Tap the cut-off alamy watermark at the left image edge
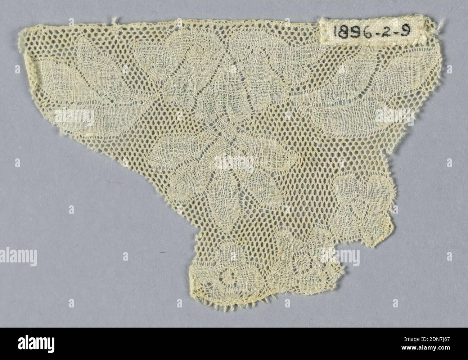pyautogui.click(x=18, y=257)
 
